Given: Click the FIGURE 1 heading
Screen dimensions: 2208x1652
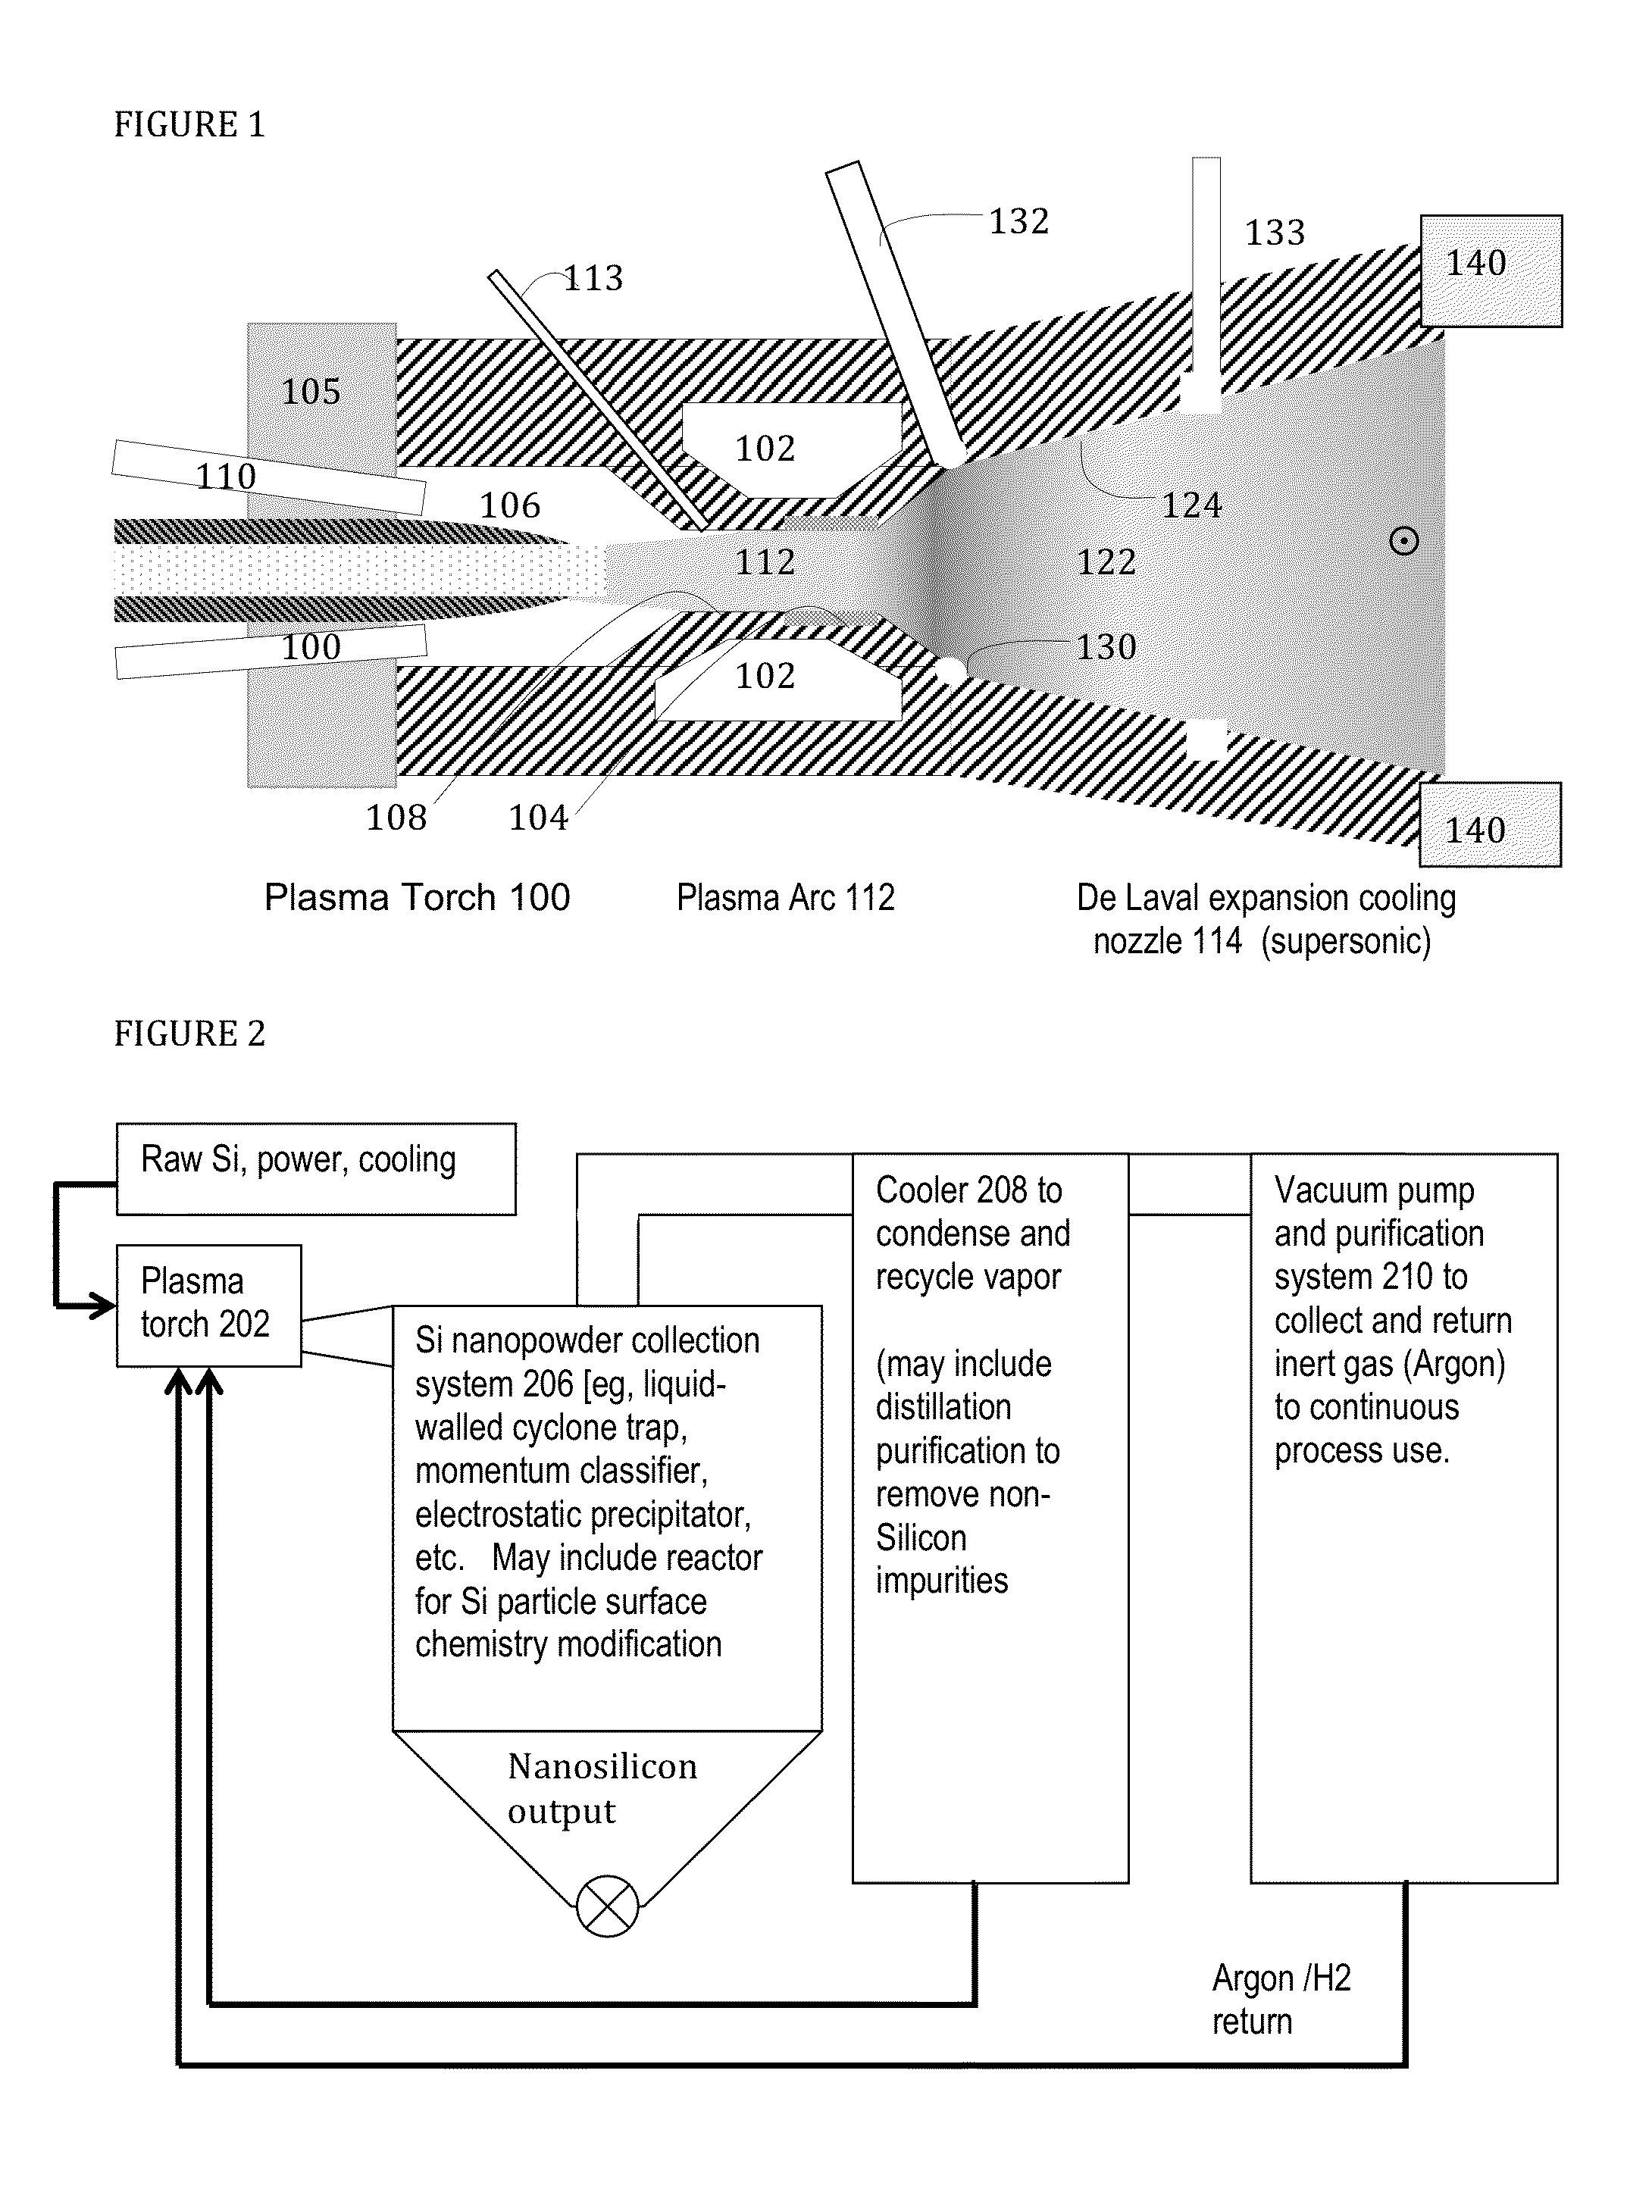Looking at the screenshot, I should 189,125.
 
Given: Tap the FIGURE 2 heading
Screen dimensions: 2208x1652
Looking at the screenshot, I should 189,1033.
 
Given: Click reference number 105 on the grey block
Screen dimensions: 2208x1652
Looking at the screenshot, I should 311,391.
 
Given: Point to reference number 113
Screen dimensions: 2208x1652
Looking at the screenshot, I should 594,277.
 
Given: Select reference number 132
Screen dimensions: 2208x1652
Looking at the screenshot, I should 1019,220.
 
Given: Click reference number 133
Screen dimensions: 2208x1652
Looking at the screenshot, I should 1275,233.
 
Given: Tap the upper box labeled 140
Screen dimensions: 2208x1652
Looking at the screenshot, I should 1491,271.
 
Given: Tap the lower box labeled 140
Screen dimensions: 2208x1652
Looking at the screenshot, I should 1491,825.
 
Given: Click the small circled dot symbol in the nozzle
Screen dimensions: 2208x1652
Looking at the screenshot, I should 1403,542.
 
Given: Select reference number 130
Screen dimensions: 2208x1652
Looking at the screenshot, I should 1106,647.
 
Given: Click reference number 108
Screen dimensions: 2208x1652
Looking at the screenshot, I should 396,818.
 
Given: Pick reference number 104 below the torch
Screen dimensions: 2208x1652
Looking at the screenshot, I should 538,818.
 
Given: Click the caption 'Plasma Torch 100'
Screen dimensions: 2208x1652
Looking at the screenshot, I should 416,897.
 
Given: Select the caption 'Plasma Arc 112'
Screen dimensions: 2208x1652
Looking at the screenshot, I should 786,897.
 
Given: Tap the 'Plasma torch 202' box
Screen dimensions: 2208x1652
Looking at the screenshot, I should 208,1305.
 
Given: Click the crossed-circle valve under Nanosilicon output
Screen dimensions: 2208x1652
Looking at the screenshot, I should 607,1906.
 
